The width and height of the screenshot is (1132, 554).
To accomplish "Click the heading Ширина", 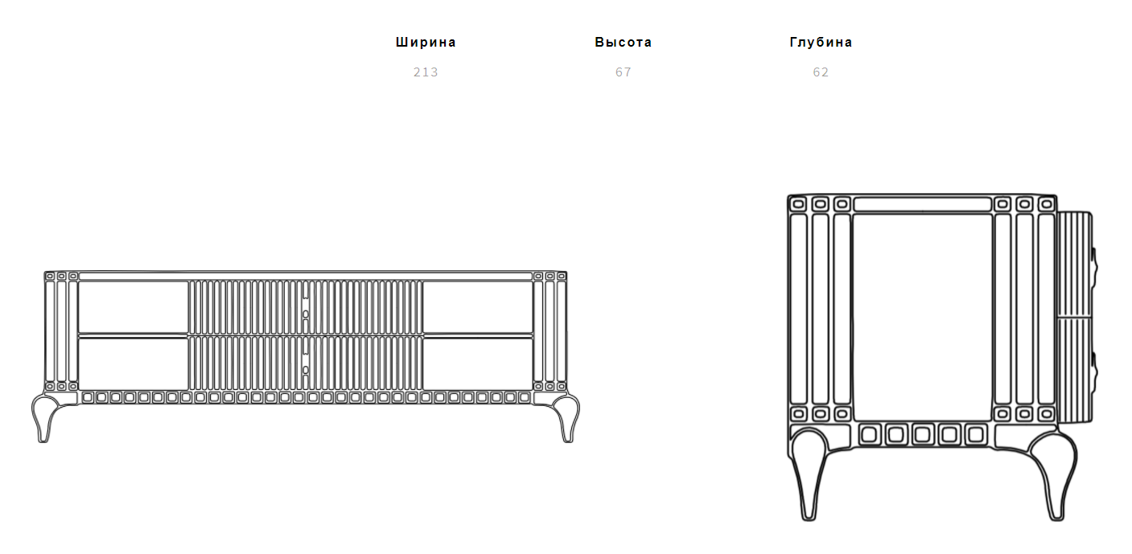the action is (426, 43).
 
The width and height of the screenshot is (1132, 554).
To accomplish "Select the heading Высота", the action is (623, 43).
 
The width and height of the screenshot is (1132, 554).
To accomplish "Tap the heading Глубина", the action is (821, 43).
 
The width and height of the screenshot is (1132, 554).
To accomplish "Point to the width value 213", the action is (426, 72).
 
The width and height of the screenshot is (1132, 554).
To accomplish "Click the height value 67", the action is (623, 72).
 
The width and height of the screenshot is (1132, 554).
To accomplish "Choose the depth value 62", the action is (821, 72).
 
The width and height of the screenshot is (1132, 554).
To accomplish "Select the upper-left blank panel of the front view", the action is (134, 307).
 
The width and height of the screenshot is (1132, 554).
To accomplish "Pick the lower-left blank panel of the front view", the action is (134, 363).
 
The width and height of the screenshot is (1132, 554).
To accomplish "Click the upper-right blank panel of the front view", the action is (478, 307).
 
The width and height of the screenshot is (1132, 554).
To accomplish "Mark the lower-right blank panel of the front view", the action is (478, 363).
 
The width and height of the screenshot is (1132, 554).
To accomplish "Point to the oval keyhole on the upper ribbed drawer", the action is (305, 314).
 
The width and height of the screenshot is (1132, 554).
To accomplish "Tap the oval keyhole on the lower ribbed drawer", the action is (305, 370).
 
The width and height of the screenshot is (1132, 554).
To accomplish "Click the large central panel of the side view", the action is (922, 318).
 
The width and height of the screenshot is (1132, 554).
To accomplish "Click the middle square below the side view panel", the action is (922, 434).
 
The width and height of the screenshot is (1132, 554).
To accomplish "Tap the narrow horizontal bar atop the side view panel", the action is (922, 204).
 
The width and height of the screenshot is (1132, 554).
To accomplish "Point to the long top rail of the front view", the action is (306, 277).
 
